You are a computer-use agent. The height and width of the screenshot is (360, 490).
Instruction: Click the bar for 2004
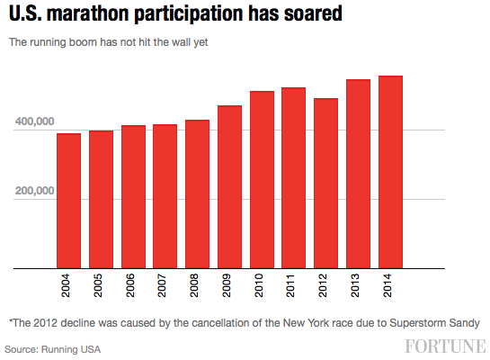[x=68, y=201]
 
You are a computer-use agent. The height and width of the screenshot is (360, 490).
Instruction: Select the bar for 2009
[x=229, y=187]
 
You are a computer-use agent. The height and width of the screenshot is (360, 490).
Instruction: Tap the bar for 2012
[x=325, y=184]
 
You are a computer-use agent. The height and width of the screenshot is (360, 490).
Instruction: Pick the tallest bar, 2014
[x=390, y=172]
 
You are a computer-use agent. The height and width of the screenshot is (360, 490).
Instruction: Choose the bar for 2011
[x=293, y=178]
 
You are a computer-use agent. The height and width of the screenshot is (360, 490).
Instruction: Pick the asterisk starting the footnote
[x=10, y=320]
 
